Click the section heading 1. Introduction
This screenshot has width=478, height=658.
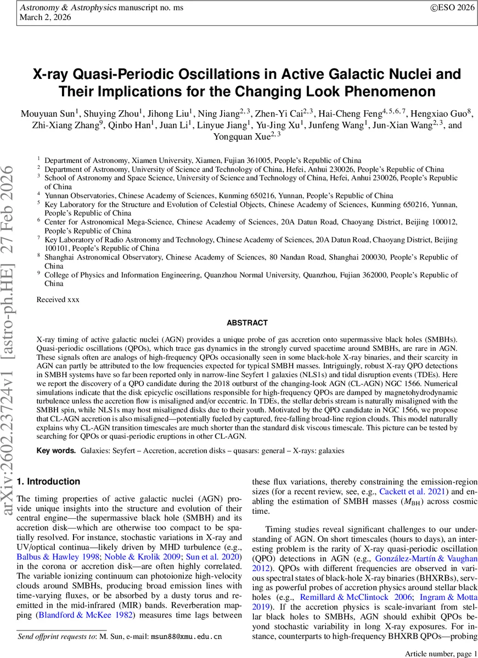coord(48,481)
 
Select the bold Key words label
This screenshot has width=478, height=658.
coord(55,450)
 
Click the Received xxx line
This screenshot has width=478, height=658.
coord(58,300)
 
